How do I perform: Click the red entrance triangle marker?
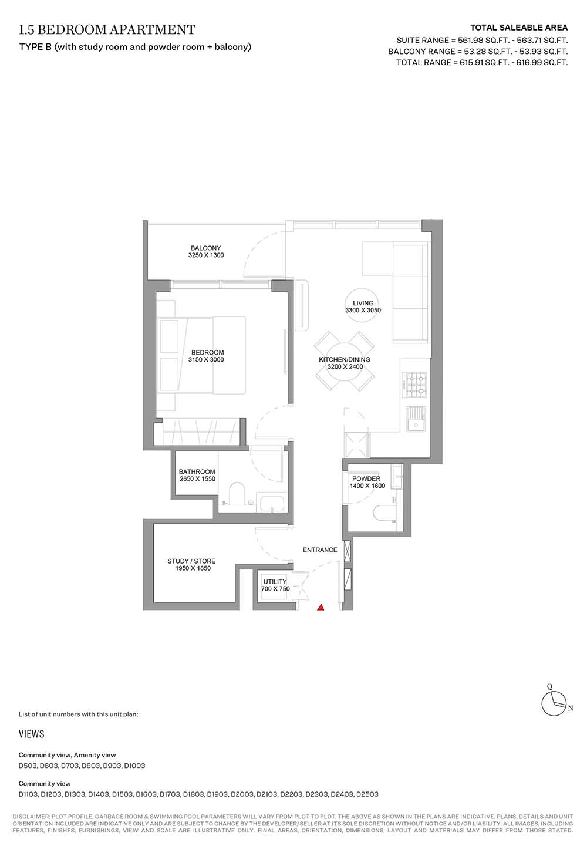click(321, 607)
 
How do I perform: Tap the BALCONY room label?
click(205, 248)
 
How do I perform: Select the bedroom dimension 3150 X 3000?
click(206, 359)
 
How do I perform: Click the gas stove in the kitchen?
click(414, 385)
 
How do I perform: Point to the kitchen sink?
click(416, 419)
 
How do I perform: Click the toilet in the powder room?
click(384, 515)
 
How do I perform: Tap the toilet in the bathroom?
click(238, 494)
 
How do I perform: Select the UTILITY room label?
click(275, 582)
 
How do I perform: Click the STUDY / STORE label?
click(191, 561)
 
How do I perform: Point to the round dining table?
click(345, 361)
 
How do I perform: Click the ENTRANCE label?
click(320, 550)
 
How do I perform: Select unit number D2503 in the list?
click(367, 794)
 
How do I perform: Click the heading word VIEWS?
click(31, 734)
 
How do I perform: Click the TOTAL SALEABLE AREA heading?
click(519, 28)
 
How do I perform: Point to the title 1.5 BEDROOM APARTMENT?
click(107, 29)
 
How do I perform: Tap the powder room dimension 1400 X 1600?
click(367, 486)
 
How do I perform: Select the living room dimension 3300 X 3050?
click(363, 310)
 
